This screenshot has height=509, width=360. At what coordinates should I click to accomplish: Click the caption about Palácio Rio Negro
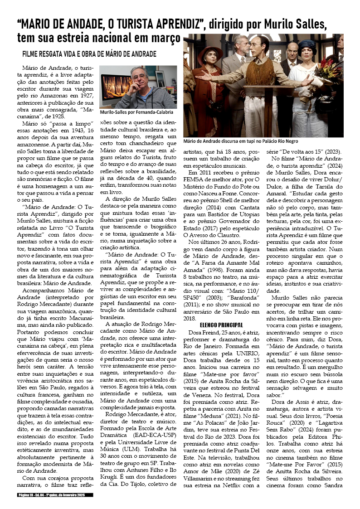coord(263,141)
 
